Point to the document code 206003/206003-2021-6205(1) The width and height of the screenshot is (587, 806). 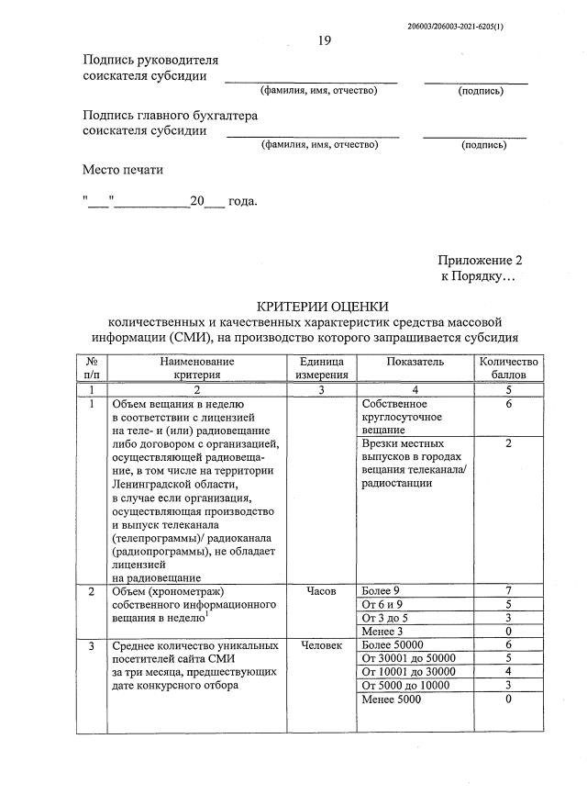pyautogui.click(x=455, y=27)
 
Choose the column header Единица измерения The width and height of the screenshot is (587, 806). pyautogui.click(x=321, y=368)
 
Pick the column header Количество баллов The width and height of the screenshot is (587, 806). pyautogui.click(x=506, y=368)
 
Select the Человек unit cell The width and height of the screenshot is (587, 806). pyautogui.click(x=321, y=646)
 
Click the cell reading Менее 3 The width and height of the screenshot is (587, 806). pyautogui.click(x=383, y=632)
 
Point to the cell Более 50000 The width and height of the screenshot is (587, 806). pyautogui.click(x=394, y=645)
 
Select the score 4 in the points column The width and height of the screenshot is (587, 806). pyautogui.click(x=506, y=672)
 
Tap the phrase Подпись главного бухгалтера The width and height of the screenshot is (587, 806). pyautogui.click(x=170, y=116)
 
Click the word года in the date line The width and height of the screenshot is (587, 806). pyautogui.click(x=242, y=202)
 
